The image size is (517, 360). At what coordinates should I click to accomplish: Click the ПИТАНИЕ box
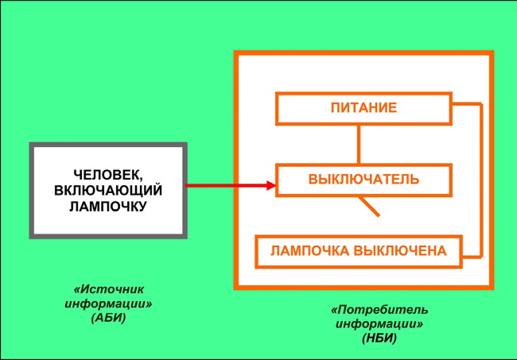tap(363, 108)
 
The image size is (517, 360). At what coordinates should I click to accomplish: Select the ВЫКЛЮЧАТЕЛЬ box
tap(363, 179)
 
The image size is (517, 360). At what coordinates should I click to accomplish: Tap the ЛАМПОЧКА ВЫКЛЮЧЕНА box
tap(358, 251)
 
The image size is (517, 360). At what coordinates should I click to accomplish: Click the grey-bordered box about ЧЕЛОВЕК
tap(108, 191)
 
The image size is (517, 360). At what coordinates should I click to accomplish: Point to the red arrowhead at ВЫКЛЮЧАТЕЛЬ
tap(270, 185)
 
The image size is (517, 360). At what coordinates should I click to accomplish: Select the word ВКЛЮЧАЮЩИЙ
tap(109, 190)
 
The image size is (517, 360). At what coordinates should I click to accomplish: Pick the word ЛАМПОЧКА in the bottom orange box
tap(308, 251)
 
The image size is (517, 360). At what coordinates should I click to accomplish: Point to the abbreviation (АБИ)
tap(109, 318)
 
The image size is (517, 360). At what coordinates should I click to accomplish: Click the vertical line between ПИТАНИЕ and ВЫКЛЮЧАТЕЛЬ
tap(359, 144)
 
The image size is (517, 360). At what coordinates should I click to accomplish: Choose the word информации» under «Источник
tap(109, 304)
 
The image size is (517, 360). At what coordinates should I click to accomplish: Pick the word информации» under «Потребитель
tap(379, 324)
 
